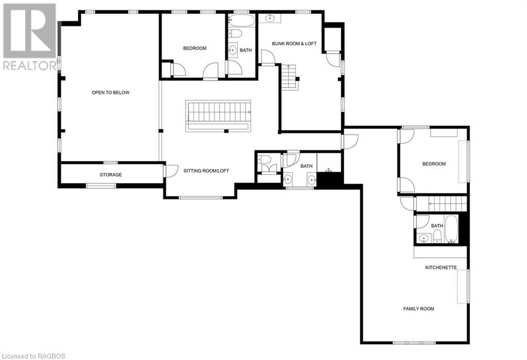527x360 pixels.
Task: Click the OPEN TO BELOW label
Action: (111, 93)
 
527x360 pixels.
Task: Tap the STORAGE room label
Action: (111, 175)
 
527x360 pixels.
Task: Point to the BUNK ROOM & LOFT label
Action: (294, 44)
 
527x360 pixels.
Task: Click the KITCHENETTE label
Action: (440, 267)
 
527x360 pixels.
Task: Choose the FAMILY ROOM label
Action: (418, 309)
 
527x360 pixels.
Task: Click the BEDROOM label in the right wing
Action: (434, 164)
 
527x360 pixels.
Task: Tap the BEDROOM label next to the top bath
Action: (195, 48)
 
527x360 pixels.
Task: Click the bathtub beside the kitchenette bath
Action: (451, 229)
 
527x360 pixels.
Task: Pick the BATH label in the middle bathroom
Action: (307, 166)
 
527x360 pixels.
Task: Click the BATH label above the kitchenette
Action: (437, 226)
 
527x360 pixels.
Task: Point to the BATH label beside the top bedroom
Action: (246, 50)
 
